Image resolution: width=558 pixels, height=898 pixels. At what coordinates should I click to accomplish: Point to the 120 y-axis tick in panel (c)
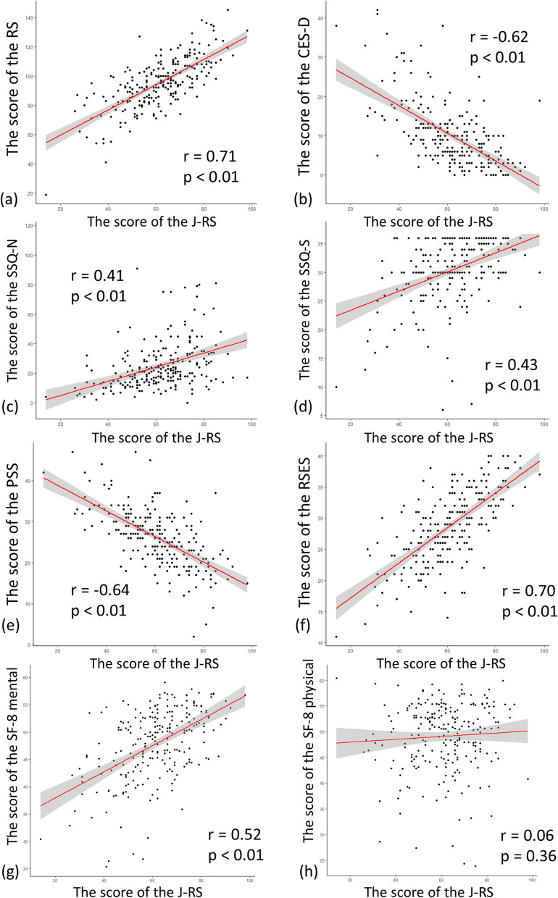click(27, 226)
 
